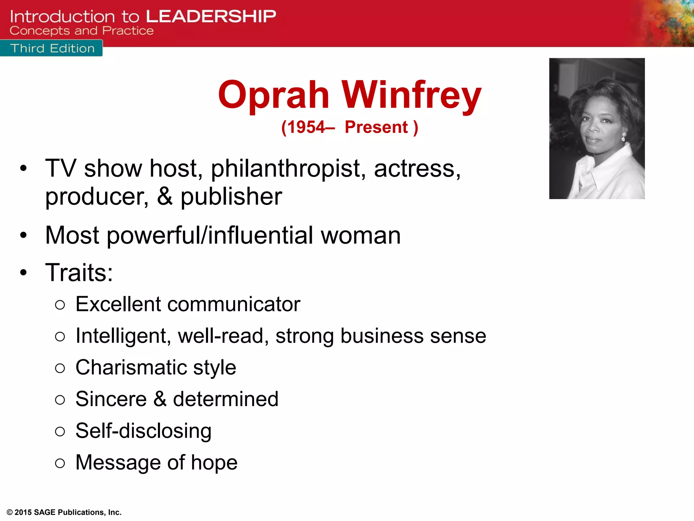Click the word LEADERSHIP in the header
click(211, 16)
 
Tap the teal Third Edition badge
click(52, 48)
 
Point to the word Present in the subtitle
click(376, 128)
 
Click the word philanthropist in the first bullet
click(288, 169)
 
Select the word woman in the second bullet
click(361, 235)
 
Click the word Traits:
click(79, 272)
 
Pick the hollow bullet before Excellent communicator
click(60, 305)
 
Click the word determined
click(226, 399)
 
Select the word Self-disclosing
click(143, 431)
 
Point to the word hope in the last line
click(214, 462)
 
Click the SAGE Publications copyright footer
click(64, 512)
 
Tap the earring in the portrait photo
click(623, 138)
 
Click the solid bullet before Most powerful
click(23, 235)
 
